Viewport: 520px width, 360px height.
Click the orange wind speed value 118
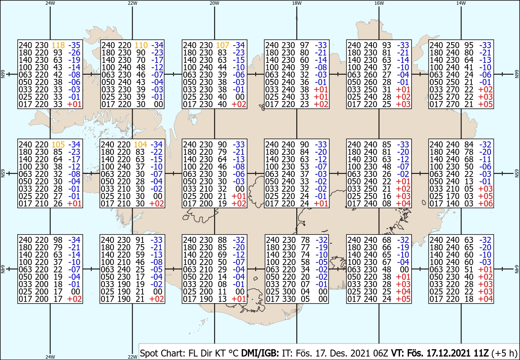tap(58, 45)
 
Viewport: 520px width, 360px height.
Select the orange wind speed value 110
tap(141, 45)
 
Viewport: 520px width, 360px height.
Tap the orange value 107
tap(223, 45)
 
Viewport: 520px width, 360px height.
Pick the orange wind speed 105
tap(58, 144)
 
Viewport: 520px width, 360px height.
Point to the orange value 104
tap(140, 144)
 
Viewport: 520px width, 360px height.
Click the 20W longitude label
tap(214, 3)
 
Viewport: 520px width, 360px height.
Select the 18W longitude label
tap(297, 3)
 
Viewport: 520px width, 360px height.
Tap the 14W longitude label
tap(461, 3)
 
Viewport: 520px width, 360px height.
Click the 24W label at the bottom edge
tap(50, 357)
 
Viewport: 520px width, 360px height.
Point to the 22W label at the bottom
tap(132, 357)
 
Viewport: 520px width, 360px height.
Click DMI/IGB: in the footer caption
tap(260, 353)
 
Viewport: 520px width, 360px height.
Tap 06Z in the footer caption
tap(381, 353)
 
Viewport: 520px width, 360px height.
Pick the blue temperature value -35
tap(74, 45)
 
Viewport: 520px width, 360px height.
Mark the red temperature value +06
tap(485, 203)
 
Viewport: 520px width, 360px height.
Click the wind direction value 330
tap(289, 299)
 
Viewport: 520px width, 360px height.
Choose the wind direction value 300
tap(289, 291)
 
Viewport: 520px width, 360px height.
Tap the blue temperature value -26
tap(74, 52)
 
